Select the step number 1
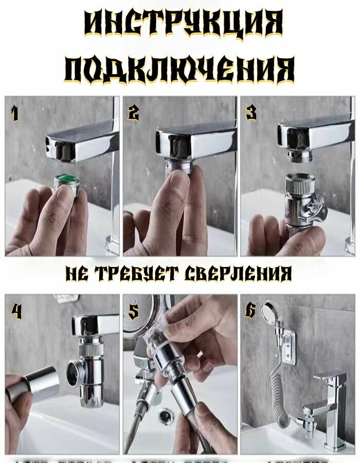15,113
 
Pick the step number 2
133,113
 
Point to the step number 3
251,113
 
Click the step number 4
16,311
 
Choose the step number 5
133,311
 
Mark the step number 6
250,311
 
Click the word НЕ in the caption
76,273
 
